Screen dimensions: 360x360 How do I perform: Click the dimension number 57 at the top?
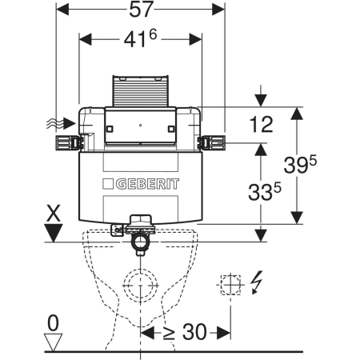(x=142, y=10)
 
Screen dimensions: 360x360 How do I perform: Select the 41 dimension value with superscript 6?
(x=140, y=39)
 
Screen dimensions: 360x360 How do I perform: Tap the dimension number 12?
(x=261, y=124)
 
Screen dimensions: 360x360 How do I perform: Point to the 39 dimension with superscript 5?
(x=300, y=164)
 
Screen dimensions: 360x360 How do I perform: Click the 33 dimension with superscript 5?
(x=264, y=191)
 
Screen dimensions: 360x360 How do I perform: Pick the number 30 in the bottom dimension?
(x=194, y=332)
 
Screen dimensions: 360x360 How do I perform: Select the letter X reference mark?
(x=54, y=213)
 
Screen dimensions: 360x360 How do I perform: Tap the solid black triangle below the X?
(x=54, y=233)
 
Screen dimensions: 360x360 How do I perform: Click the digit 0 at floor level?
(x=53, y=322)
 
